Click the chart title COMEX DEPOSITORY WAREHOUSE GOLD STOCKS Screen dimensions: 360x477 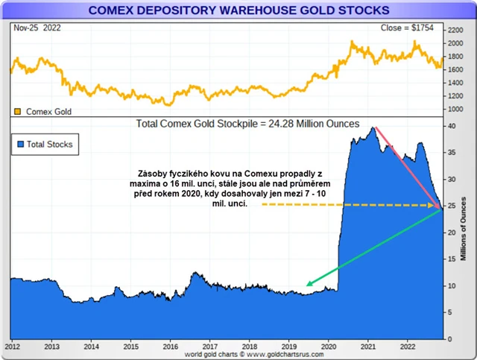coord(238,10)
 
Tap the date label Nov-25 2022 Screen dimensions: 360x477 coord(38,28)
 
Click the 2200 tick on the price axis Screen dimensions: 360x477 coord(455,30)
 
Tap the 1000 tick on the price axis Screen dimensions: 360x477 coord(455,109)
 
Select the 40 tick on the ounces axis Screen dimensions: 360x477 coord(451,126)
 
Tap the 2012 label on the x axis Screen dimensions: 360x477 coord(13,347)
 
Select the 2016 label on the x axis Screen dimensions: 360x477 coord(170,347)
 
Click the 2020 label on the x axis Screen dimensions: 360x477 coord(329,347)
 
